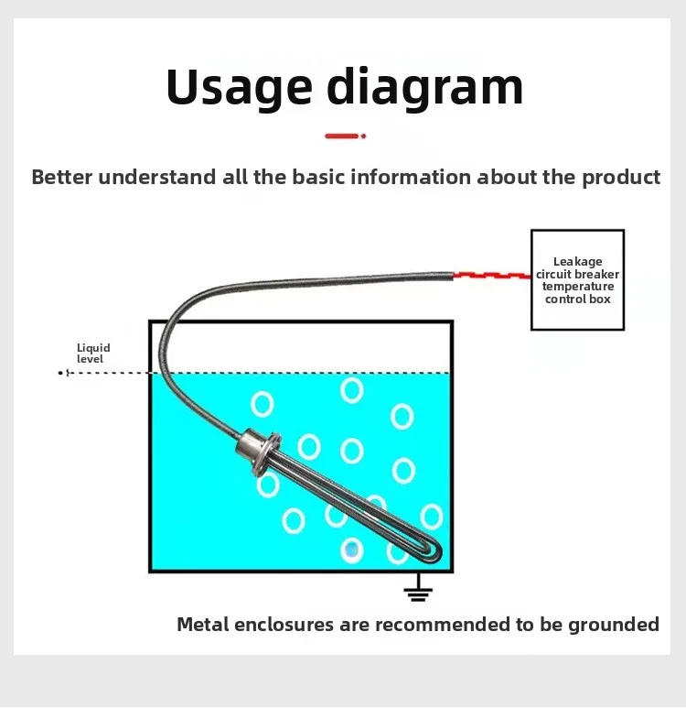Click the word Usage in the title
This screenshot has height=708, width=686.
(239, 88)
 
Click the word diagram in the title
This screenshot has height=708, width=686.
(424, 88)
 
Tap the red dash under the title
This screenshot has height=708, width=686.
(342, 136)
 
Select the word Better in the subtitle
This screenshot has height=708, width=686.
(62, 177)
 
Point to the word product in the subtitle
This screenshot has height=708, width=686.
(621, 178)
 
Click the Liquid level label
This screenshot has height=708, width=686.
(93, 354)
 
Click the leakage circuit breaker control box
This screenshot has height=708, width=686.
(577, 280)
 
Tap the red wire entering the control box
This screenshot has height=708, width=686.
(492, 275)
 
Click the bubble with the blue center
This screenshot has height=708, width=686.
(352, 550)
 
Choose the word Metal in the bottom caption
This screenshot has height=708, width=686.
(203, 625)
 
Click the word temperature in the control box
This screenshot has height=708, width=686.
(578, 287)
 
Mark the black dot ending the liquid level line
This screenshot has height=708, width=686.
(60, 373)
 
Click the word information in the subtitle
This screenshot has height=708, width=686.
(411, 177)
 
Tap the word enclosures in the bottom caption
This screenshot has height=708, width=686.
(284, 625)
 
